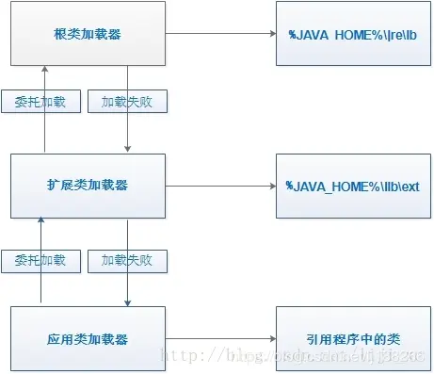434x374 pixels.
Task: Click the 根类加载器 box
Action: coord(88,33)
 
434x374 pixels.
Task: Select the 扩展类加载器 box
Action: coord(88,186)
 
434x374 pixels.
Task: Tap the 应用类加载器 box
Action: coord(88,337)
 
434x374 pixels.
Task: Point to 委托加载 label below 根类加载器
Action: coord(40,101)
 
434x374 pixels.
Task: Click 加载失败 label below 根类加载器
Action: coord(127,101)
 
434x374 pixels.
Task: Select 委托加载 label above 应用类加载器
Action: coord(40,259)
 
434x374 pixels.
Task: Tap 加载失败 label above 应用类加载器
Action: coord(127,259)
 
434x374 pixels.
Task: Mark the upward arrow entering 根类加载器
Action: coord(41,75)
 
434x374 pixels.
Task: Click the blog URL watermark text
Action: coord(292,359)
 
